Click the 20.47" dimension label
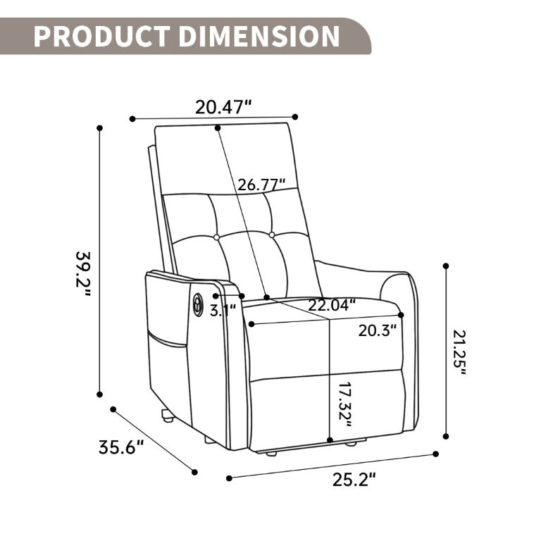[x=223, y=107]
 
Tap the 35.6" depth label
[x=120, y=447]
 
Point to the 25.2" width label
[x=354, y=479]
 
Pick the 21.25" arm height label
[x=459, y=353]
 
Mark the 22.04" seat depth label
[x=332, y=305]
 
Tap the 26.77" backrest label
[x=262, y=185]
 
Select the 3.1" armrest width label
[x=223, y=311]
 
